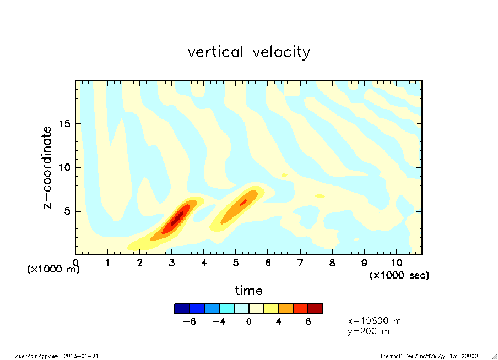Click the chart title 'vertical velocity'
click(x=248, y=52)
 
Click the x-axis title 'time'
click(x=248, y=290)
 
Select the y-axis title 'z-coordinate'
click(x=48, y=167)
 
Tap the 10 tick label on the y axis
click(x=66, y=167)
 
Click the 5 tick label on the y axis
click(x=68, y=211)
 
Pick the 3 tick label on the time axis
click(x=172, y=263)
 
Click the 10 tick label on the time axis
click(x=396, y=263)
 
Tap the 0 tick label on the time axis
click(x=76, y=263)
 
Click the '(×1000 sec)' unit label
click(x=399, y=275)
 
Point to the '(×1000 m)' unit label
click(x=53, y=269)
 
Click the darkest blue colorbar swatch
click(x=182, y=309)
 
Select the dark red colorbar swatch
click(x=316, y=309)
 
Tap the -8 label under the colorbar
click(x=190, y=322)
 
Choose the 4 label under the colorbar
click(x=278, y=322)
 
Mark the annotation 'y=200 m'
click(x=369, y=331)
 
